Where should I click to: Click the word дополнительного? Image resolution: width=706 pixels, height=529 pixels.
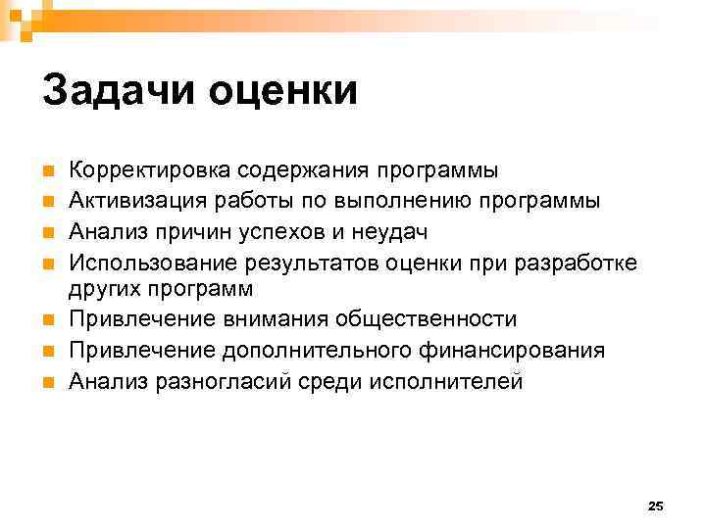[x=299, y=351]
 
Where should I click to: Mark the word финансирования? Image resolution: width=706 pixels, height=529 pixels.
[x=509, y=351]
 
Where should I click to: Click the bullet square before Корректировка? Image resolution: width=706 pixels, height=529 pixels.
[x=48, y=171]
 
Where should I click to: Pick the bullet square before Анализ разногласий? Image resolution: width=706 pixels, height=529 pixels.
[x=48, y=382]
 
